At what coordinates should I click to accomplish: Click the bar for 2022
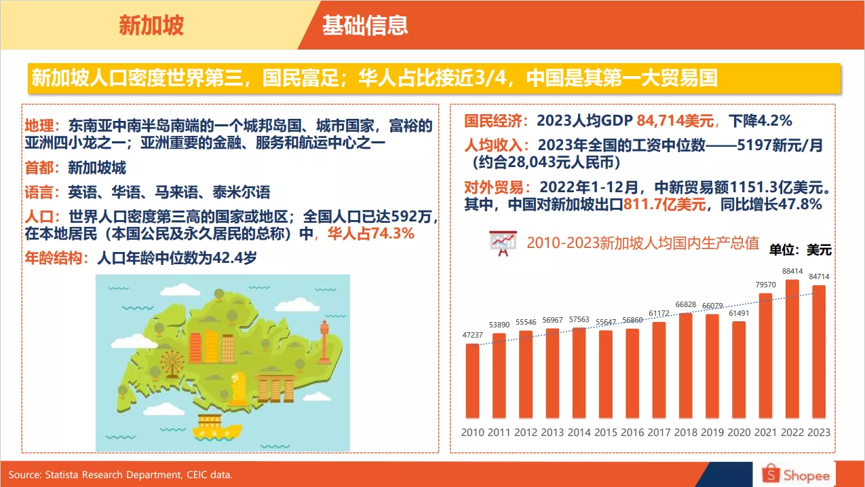[x=792, y=349]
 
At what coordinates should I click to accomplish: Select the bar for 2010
[x=472, y=381]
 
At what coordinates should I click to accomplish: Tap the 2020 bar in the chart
[x=739, y=369]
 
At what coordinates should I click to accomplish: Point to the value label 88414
[x=792, y=272]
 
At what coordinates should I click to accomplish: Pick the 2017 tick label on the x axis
[x=659, y=432]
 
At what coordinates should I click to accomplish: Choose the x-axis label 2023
[x=819, y=432]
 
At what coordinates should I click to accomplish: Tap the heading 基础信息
[x=365, y=25]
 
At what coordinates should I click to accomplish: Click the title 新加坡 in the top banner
[x=151, y=25]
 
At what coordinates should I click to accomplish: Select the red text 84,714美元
[x=676, y=122]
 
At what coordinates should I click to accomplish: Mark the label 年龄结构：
[x=57, y=258]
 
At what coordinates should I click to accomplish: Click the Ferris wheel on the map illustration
[x=172, y=363]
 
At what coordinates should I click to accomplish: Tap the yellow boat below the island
[x=216, y=425]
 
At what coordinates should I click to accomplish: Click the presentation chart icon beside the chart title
[x=503, y=242]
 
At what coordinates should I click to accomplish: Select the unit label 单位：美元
[x=800, y=250]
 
